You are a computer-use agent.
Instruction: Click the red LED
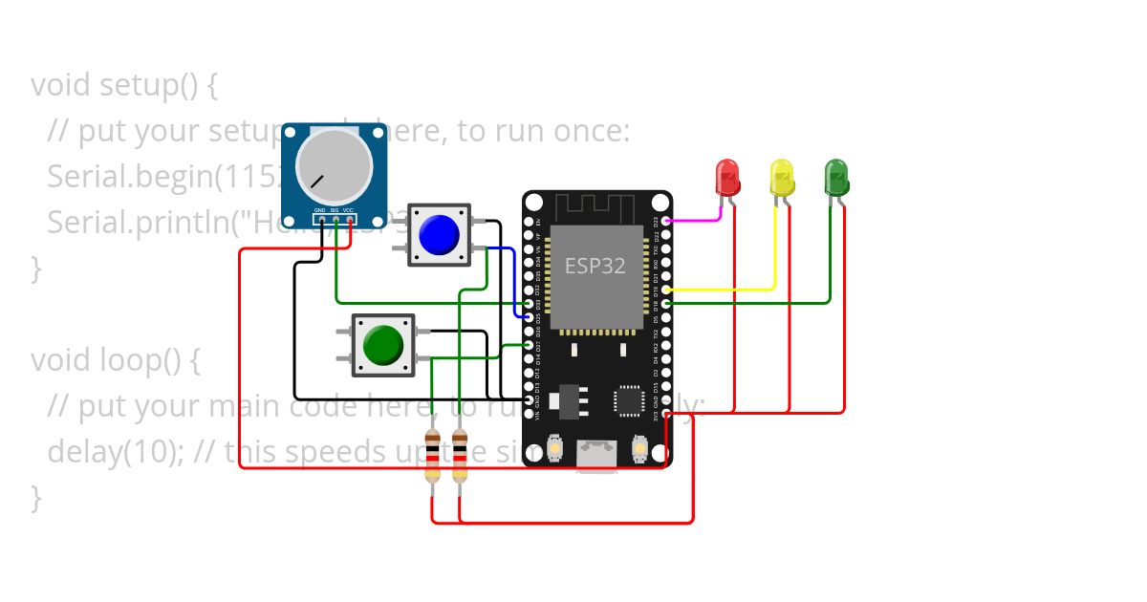(x=727, y=176)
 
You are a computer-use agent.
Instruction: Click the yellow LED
(x=782, y=177)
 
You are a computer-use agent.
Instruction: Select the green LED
(x=836, y=176)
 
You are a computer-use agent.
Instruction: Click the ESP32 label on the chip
(x=595, y=266)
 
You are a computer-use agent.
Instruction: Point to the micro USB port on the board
(x=597, y=454)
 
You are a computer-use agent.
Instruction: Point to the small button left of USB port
(x=555, y=446)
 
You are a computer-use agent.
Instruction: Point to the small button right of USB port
(x=640, y=446)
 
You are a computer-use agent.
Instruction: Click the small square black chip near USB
(x=630, y=400)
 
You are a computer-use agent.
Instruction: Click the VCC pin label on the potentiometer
(x=349, y=209)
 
